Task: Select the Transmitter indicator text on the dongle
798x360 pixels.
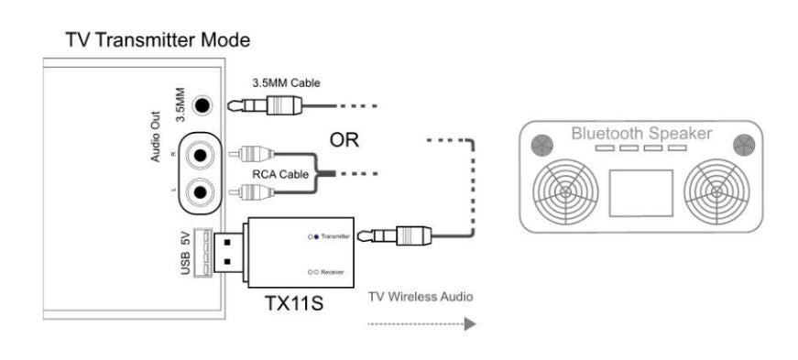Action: (x=331, y=236)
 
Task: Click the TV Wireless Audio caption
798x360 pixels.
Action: (x=417, y=297)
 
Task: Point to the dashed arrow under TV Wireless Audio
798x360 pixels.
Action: (x=421, y=323)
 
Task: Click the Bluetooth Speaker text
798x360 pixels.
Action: (x=640, y=134)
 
